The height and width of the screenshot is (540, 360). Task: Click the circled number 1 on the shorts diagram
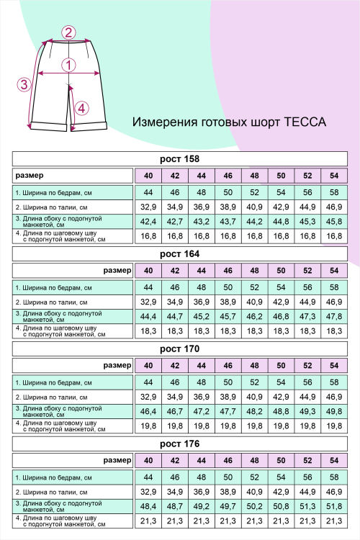(69, 65)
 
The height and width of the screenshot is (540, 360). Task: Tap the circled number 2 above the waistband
(68, 32)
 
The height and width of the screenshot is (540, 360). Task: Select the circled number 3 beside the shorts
(24, 84)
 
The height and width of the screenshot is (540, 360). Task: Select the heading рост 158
(179, 159)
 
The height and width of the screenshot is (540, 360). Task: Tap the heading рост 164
(179, 254)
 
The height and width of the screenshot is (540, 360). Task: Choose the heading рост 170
(179, 349)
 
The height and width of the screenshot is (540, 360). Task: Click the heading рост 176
(179, 444)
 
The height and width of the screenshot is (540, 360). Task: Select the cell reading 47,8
(333, 316)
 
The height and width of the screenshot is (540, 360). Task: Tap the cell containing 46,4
(148, 411)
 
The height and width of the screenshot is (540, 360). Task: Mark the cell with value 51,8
(333, 505)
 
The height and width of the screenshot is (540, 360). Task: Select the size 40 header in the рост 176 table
(148, 460)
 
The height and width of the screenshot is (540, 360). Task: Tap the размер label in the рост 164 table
(117, 271)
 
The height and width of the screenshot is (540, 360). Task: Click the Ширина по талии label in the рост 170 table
(51, 397)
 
